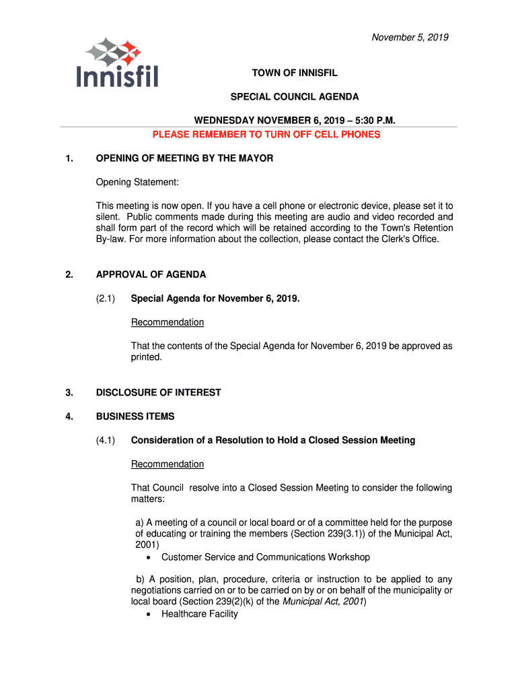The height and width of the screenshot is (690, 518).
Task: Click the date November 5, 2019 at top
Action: [x=410, y=37]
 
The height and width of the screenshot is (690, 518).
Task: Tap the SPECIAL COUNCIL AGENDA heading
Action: [x=295, y=97]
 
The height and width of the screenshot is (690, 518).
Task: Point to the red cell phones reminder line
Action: [x=266, y=134]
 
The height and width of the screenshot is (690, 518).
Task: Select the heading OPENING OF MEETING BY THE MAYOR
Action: [x=184, y=158]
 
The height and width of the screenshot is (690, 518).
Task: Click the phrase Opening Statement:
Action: [x=137, y=183]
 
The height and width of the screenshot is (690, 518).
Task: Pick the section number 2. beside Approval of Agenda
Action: [x=69, y=274]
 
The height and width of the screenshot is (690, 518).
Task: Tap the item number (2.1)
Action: [x=106, y=298]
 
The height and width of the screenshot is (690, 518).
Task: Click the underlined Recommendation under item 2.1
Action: [x=167, y=322]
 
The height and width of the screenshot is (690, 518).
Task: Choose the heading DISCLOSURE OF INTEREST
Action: [x=158, y=392]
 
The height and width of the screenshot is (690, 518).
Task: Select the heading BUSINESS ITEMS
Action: [x=135, y=416]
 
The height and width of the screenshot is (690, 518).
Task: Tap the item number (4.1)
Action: [x=106, y=440]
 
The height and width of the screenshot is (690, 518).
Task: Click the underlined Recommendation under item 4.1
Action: [x=167, y=464]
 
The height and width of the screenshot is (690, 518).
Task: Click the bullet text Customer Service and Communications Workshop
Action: [x=265, y=557]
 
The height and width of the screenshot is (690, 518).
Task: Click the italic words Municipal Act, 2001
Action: [x=324, y=602]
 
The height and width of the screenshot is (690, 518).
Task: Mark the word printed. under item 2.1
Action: [x=147, y=357]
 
